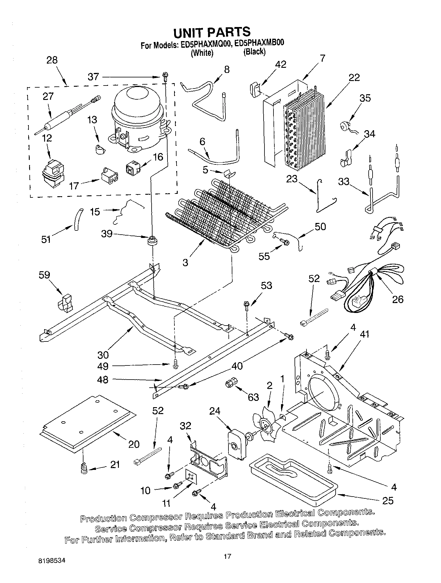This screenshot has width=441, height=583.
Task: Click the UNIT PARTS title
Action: [212, 32]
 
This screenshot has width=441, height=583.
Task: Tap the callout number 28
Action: [52, 60]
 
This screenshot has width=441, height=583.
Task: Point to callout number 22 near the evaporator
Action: [354, 77]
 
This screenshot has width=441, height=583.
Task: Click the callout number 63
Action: [253, 397]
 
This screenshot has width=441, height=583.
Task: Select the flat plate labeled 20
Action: [87, 423]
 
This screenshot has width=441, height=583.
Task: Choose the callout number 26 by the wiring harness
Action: [398, 299]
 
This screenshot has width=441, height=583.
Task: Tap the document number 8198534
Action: [52, 560]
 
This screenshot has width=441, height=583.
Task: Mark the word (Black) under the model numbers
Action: [254, 52]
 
